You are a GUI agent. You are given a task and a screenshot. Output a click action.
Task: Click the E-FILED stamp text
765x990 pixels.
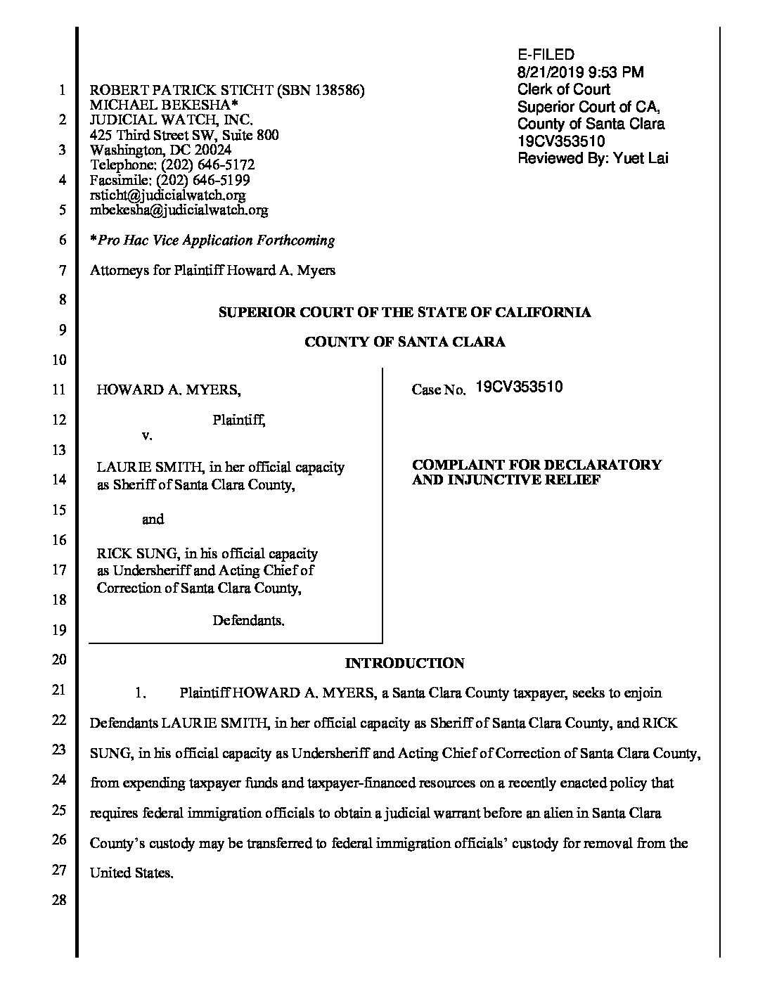546,55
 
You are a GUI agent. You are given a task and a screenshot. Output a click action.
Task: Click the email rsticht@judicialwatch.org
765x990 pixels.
167,195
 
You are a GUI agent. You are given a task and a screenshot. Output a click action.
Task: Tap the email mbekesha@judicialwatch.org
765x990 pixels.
179,210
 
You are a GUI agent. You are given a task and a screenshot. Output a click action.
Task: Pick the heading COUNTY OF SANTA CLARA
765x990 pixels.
404,342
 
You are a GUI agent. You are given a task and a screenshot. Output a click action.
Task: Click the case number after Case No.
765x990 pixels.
519,387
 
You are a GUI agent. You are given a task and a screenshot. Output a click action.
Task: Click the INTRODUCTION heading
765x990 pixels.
404,663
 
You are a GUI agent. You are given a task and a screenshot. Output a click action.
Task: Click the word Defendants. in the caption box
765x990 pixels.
248,621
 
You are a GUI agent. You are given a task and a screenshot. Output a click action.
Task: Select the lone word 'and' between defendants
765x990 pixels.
153,520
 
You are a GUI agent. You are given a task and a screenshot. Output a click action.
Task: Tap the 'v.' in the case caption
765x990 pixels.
147,435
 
